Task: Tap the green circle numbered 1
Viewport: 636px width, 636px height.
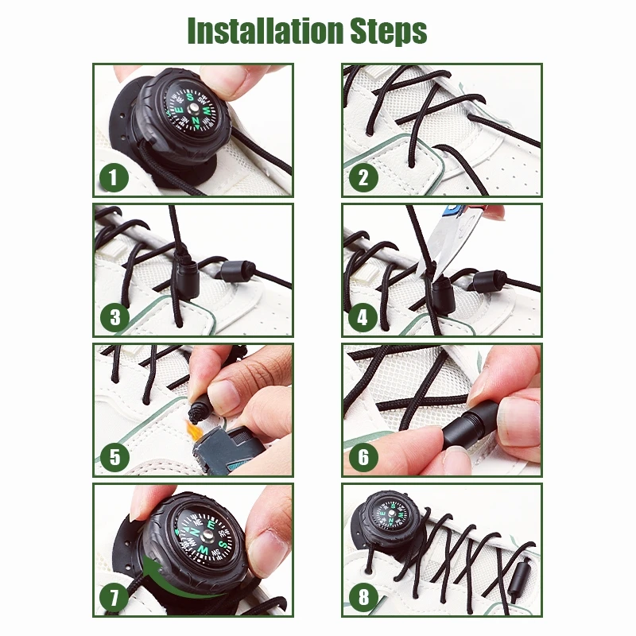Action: (114, 177)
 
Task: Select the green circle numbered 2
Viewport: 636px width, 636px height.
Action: (363, 177)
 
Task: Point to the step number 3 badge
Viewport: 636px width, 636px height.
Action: (114, 318)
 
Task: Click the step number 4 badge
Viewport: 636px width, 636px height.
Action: (363, 318)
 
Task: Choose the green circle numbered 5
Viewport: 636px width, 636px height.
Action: (114, 456)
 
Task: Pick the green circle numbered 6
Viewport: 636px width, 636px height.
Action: (363, 457)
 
